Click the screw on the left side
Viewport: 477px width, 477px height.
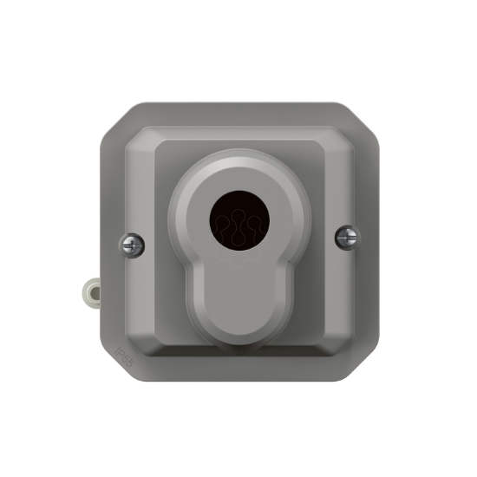click(x=133, y=245)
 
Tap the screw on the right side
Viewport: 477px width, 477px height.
click(x=347, y=235)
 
